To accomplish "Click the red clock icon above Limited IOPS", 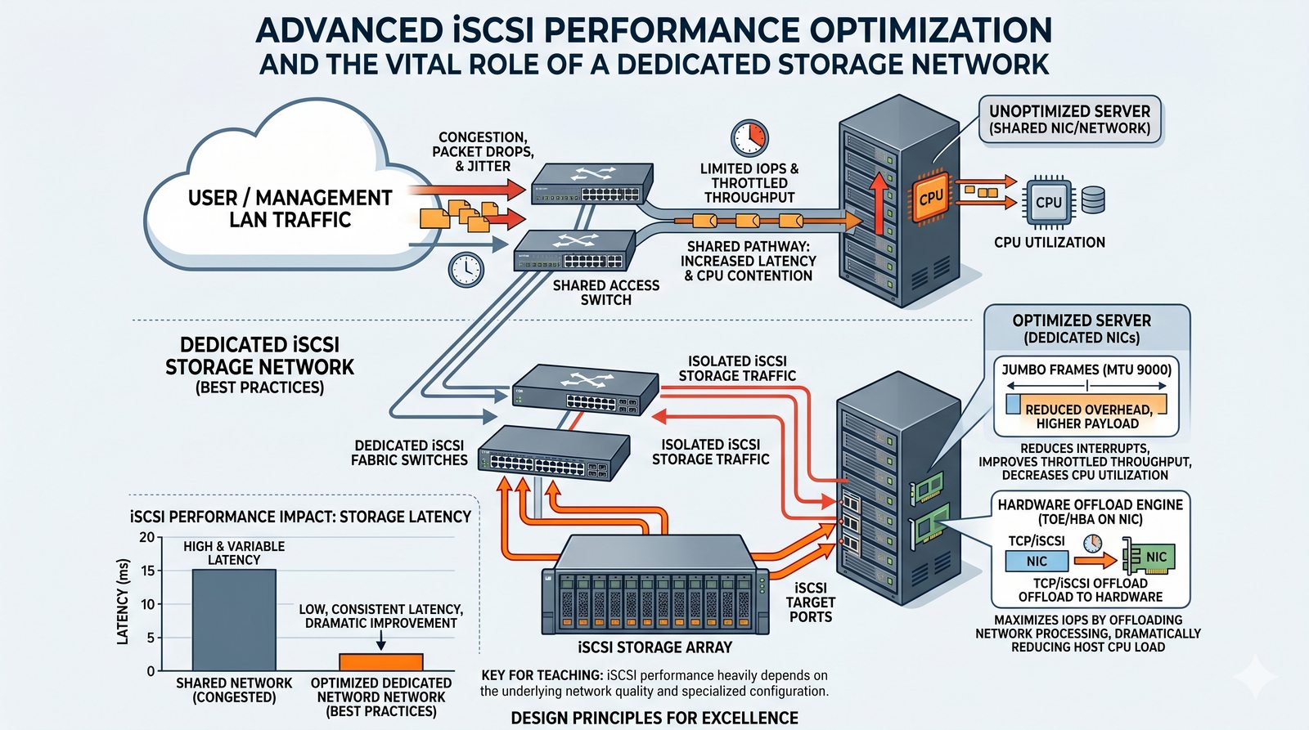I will tap(749, 137).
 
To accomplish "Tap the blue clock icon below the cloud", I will tap(466, 269).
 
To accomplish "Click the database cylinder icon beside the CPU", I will tap(1093, 200).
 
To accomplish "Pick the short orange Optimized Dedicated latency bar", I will tap(381, 662).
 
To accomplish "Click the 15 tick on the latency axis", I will tap(148, 571).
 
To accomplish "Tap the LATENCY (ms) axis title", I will tap(124, 602).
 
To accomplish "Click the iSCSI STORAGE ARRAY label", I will tap(654, 647).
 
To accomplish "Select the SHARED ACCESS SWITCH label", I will tap(605, 293).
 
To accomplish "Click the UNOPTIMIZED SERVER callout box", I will tap(1069, 119).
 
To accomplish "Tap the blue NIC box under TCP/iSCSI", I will tap(1037, 562).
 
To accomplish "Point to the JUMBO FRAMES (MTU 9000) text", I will tap(1086, 369).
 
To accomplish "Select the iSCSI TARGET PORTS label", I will tap(810, 602).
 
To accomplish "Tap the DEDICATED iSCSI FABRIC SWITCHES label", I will tap(409, 453).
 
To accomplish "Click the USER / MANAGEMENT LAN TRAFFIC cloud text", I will tap(290, 208).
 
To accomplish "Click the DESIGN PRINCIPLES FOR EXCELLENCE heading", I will tap(654, 718).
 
